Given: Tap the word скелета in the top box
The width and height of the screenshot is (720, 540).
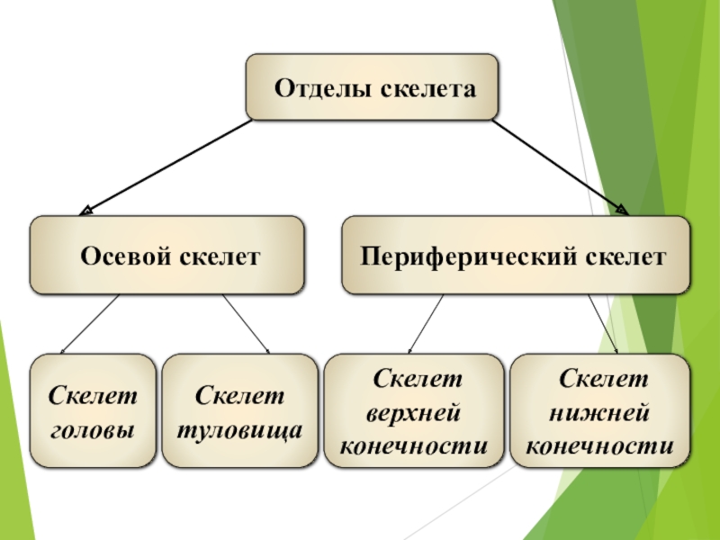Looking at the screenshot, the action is coord(427,89).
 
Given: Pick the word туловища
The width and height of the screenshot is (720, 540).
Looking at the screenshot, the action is coord(239,429).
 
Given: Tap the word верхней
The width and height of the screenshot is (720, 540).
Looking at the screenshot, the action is coord(415,411).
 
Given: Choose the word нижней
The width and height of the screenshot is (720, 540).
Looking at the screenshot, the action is coord(600,411).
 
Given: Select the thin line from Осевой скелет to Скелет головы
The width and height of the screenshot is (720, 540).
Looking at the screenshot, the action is coord(90,323).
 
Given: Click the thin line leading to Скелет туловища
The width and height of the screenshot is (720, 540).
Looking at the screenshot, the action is coord(246,323).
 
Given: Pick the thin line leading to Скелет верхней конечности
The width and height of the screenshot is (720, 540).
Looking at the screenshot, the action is coord(426,323).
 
